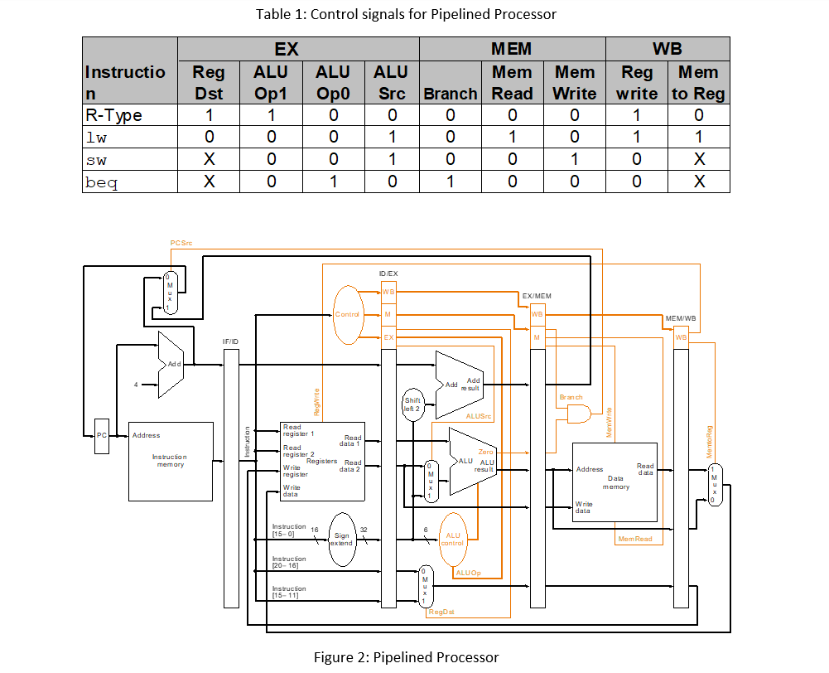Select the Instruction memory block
170,462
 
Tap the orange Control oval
349,314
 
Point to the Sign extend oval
342,540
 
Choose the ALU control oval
453,540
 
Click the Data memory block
615,482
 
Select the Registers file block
322,461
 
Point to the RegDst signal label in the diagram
441,612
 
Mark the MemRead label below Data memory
634,540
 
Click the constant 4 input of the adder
136,384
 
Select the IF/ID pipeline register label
230,341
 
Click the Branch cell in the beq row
451,182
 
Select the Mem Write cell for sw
574,159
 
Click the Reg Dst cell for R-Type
209,115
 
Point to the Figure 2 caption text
406,657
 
